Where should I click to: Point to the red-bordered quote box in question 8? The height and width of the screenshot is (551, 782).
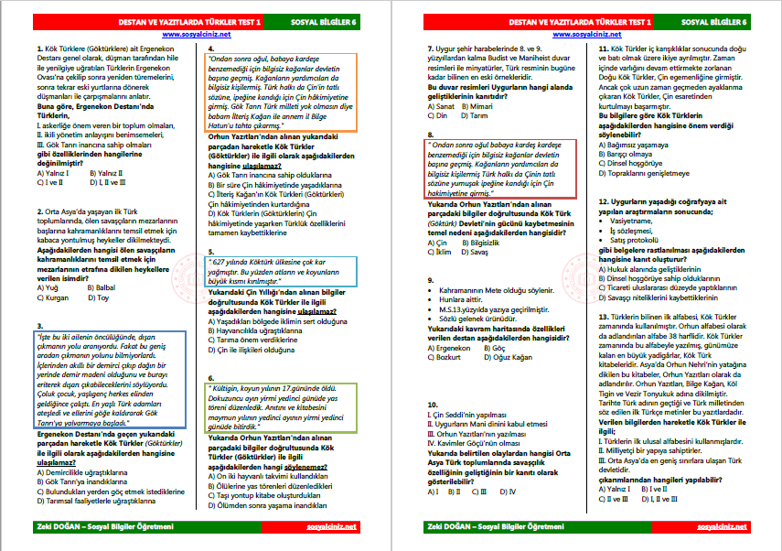coord(500,168)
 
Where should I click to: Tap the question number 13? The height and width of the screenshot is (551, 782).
coord(603,315)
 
